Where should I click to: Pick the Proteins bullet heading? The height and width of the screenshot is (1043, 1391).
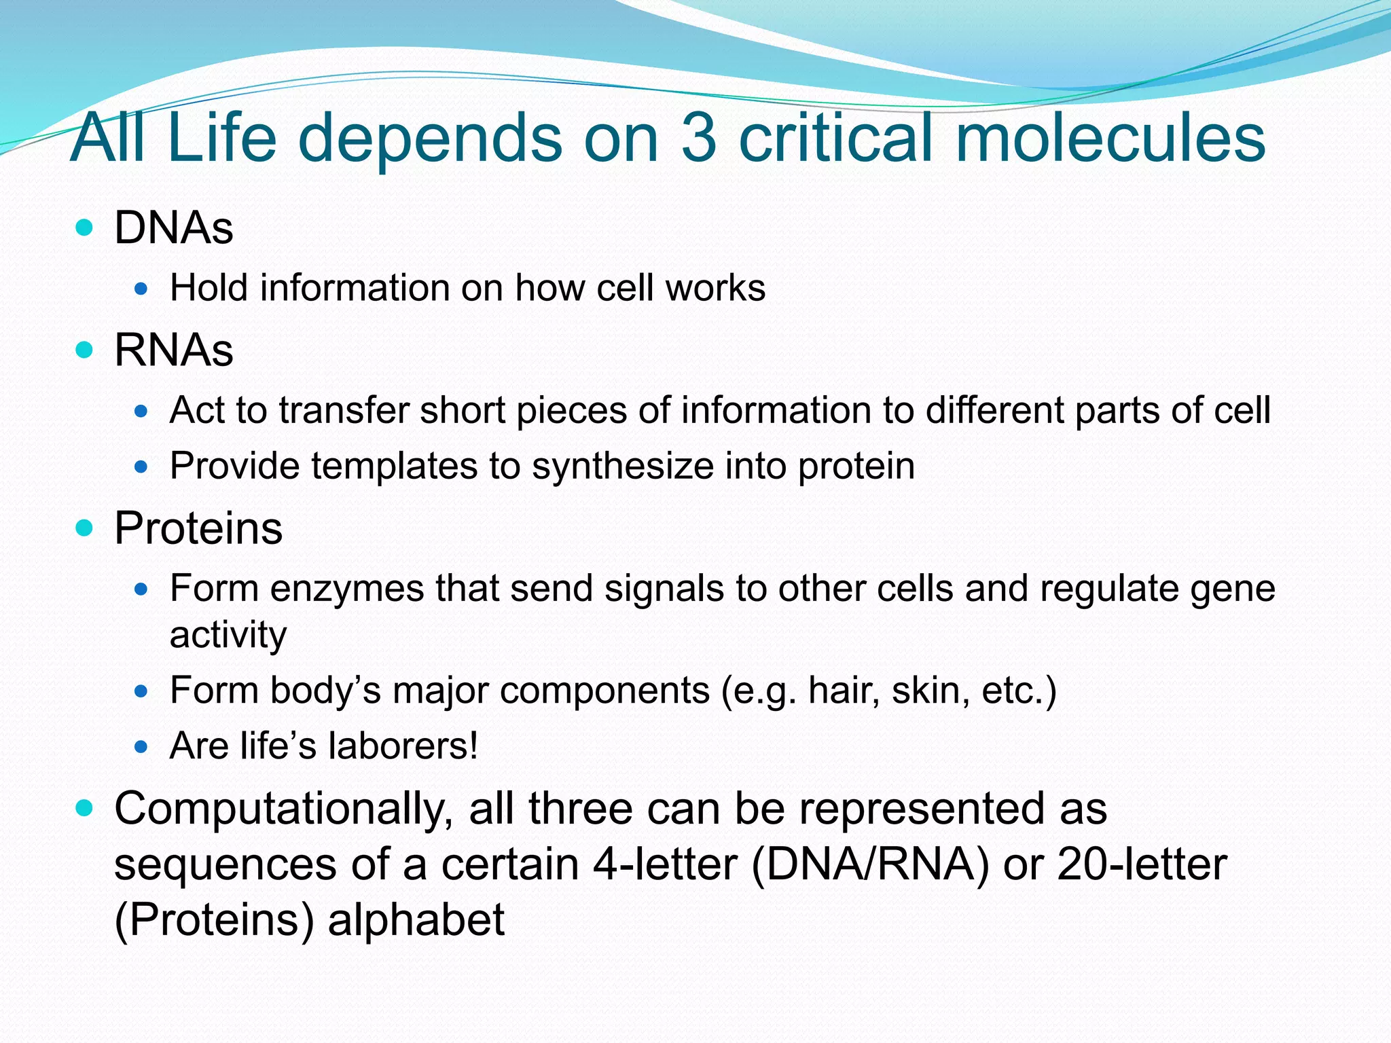coord(198,528)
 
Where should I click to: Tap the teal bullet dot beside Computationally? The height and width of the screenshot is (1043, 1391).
coord(84,808)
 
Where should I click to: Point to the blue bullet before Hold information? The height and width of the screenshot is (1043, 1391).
coord(141,289)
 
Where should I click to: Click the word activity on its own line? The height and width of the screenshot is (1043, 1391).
coord(228,635)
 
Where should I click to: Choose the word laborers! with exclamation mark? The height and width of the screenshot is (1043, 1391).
coord(403,746)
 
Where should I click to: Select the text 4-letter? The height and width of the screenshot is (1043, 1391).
coord(664,864)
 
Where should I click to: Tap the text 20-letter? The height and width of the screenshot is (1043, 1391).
coord(1142,864)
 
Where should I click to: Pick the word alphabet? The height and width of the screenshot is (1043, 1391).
coord(416,920)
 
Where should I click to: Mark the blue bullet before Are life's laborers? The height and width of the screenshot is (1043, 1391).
coord(141,747)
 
